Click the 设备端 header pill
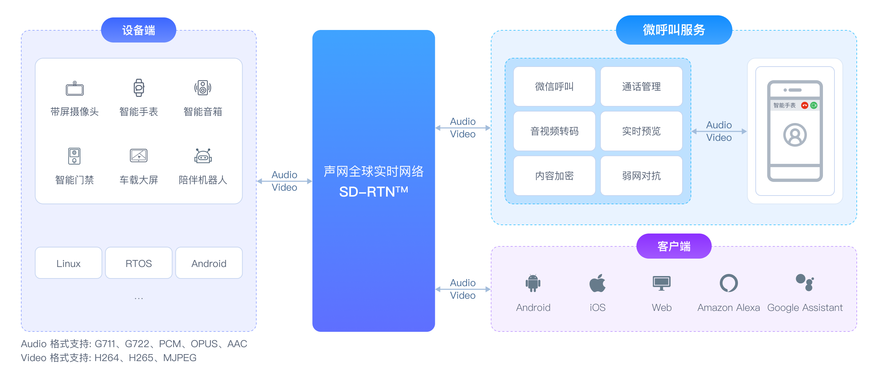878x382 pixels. pos(138,30)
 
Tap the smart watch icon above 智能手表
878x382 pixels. pos(139,87)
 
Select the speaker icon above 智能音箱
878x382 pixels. pos(203,87)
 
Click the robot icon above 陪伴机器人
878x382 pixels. pos(203,156)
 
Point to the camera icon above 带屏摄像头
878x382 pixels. pos(75,89)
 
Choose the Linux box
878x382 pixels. pos(69,263)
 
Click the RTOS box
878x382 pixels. pos(139,263)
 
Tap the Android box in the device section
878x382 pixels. pos(209,263)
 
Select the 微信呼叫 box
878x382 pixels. pos(554,86)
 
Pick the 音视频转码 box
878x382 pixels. pos(554,131)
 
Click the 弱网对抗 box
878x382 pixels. pos(641,176)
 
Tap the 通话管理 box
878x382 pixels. pos(641,86)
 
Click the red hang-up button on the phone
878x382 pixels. pos(804,105)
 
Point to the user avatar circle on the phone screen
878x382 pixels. pos(795,135)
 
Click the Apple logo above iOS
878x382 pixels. pos(597,283)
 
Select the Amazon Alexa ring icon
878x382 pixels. pos(729,283)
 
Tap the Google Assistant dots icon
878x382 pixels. pos(804,282)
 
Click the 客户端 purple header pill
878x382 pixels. pos(673,246)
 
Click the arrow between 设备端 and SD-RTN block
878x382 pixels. pos(284,181)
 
